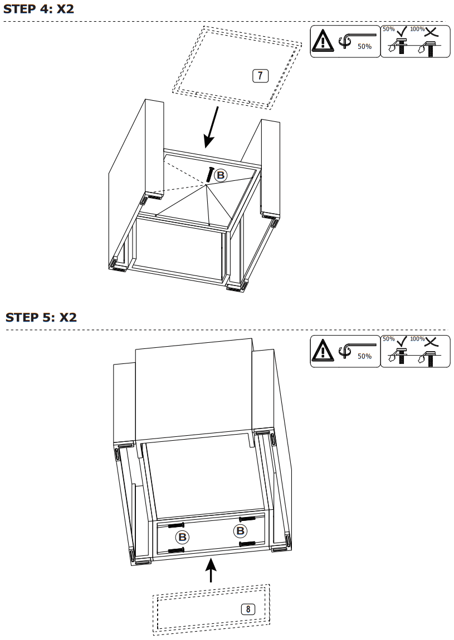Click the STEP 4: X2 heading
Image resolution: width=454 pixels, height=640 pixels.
[38, 9]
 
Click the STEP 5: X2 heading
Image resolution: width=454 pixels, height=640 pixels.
[41, 317]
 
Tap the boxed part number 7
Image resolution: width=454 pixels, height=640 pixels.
[260, 76]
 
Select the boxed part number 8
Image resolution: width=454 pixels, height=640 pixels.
[248, 609]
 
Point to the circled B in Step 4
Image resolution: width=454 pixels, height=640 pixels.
[221, 175]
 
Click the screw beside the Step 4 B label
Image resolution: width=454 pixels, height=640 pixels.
[210, 174]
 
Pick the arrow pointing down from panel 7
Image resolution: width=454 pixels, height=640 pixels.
[211, 127]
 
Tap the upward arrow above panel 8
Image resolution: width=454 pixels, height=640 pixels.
[211, 570]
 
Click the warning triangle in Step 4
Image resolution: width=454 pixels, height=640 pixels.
[322, 42]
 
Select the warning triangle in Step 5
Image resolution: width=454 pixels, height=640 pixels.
[322, 351]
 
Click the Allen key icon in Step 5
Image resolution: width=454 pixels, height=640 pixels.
[350, 349]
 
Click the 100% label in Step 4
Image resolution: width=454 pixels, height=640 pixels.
[417, 29]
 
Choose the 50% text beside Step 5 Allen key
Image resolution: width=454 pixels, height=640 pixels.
[364, 356]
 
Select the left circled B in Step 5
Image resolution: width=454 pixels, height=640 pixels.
[182, 537]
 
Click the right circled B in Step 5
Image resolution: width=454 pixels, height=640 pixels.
[241, 531]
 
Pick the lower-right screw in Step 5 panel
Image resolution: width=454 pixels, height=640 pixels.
[247, 543]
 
